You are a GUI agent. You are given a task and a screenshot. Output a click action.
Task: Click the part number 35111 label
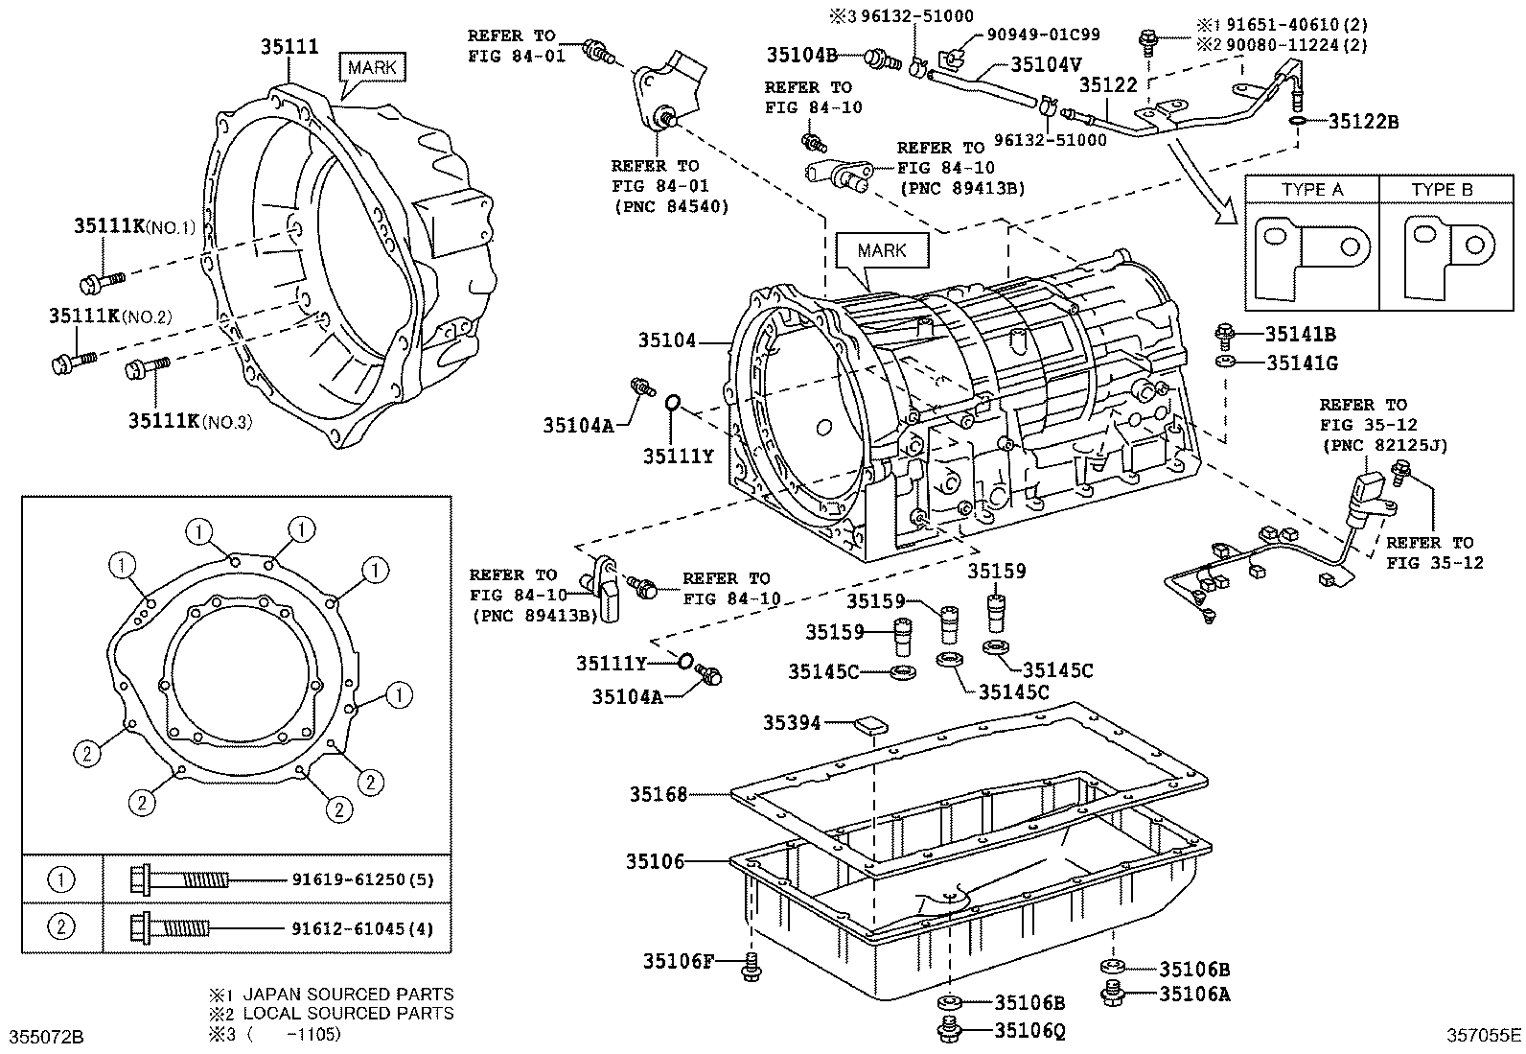(x=290, y=45)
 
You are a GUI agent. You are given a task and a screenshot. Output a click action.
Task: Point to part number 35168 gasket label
(x=659, y=794)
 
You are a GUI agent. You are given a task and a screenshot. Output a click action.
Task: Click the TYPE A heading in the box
(x=1312, y=190)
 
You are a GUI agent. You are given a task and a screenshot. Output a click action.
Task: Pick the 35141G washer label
(x=1302, y=363)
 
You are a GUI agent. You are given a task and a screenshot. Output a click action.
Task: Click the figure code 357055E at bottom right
(x=1483, y=1035)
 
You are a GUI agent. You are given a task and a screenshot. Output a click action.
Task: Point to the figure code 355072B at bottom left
(x=46, y=1037)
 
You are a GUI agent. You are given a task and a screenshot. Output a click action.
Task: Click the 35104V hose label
(x=1046, y=66)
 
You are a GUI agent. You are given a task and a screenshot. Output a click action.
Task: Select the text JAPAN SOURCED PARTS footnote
(x=348, y=995)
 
